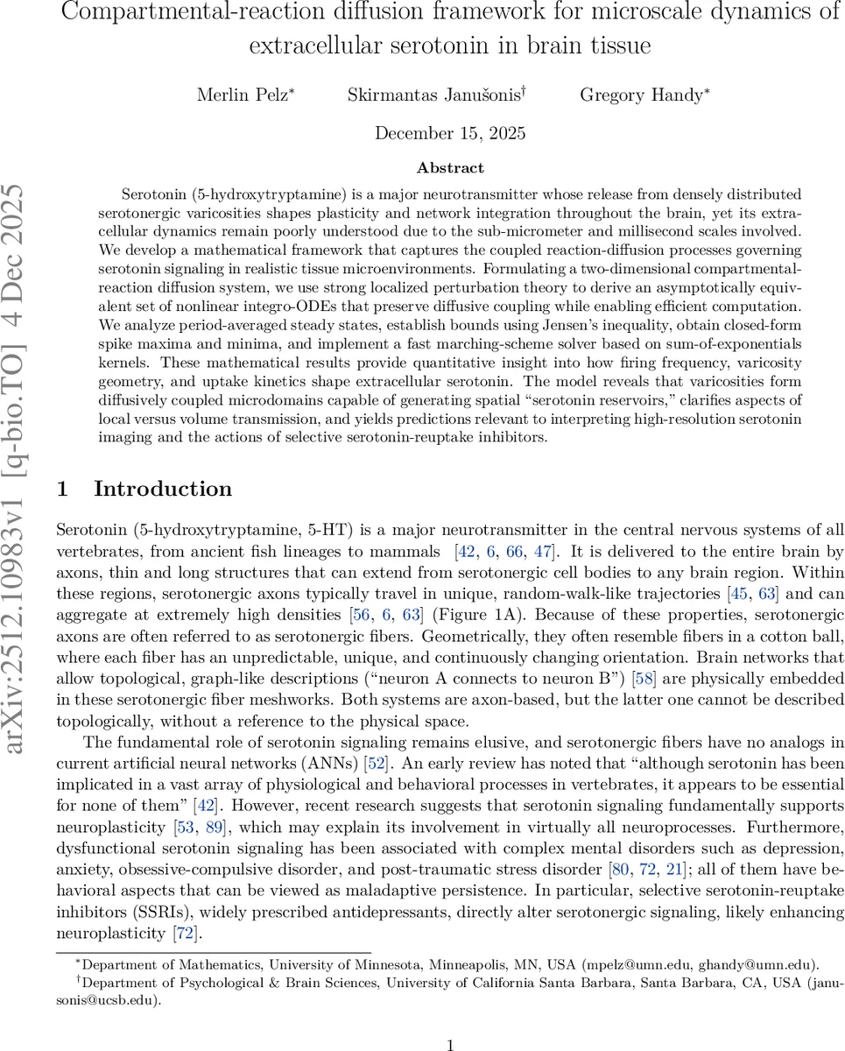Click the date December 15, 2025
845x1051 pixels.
tap(450, 133)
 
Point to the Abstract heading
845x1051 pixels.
tap(450, 167)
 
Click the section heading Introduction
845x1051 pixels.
tap(163, 489)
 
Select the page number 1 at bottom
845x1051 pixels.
tap(450, 1021)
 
